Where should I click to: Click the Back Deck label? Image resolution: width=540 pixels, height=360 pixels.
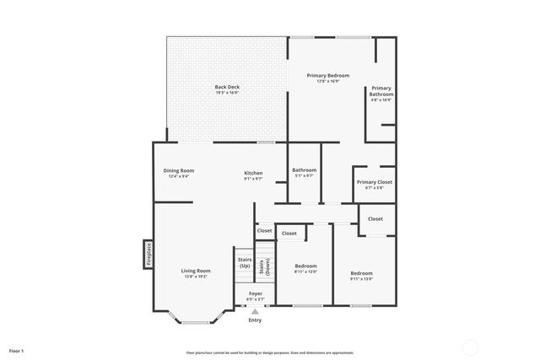click(227, 86)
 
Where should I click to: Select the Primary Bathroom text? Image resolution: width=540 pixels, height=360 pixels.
click(381, 90)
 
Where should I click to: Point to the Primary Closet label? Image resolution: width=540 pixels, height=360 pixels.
click(374, 182)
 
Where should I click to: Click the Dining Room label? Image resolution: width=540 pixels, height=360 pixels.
click(179, 171)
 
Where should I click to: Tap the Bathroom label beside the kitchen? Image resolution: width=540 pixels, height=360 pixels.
click(304, 170)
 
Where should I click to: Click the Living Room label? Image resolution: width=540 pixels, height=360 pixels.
click(195, 271)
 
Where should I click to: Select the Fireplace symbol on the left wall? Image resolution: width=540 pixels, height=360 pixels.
click(148, 252)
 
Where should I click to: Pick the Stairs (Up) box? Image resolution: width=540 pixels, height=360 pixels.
click(245, 263)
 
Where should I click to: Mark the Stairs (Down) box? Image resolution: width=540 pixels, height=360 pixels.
click(265, 266)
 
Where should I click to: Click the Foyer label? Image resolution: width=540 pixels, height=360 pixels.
click(255, 293)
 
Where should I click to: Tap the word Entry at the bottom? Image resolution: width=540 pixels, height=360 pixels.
click(255, 320)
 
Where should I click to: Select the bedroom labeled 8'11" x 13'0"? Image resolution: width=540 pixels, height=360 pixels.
click(305, 268)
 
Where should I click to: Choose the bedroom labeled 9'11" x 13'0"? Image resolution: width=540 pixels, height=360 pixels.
click(361, 276)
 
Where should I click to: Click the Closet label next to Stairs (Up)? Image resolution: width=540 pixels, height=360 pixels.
click(264, 230)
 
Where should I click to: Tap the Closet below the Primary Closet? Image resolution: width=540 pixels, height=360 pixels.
click(375, 218)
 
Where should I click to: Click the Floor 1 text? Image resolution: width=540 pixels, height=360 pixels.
click(17, 350)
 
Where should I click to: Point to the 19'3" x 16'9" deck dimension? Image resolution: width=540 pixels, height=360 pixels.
click(227, 93)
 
